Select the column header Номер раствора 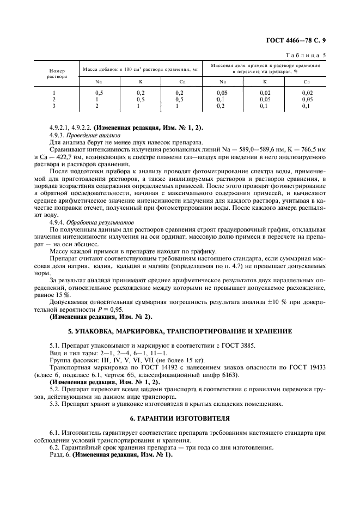(56, 74)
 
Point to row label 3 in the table (54, 106)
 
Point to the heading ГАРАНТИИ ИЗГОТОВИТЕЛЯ (180, 418)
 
